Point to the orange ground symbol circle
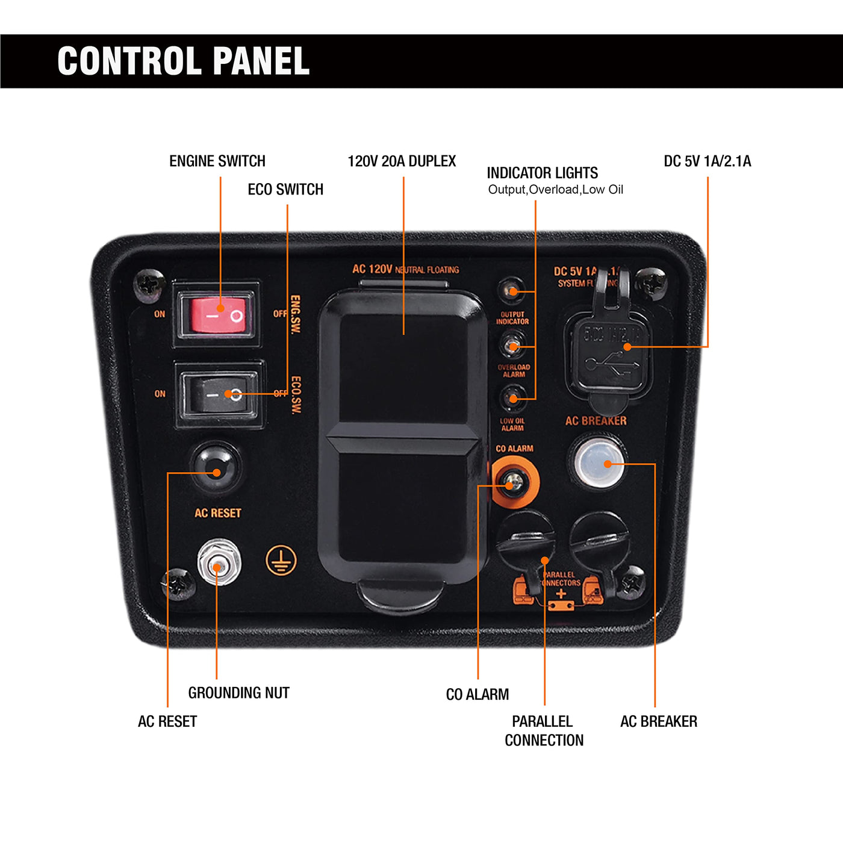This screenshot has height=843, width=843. [x=281, y=561]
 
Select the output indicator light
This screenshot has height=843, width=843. [x=512, y=291]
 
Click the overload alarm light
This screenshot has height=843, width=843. [x=512, y=346]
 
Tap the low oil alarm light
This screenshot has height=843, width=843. [x=513, y=398]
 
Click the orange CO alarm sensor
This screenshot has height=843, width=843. [x=514, y=482]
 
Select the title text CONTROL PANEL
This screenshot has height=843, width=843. [x=183, y=61]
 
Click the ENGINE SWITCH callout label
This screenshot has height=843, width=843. [x=217, y=161]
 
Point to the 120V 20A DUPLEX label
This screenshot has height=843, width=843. [x=402, y=161]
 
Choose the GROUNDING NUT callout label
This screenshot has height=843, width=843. [x=238, y=693]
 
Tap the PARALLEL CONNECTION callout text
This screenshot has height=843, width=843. [x=544, y=730]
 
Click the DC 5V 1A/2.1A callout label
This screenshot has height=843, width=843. [x=707, y=161]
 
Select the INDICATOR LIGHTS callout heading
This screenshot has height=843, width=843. [x=542, y=173]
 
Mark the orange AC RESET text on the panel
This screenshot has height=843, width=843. [x=217, y=513]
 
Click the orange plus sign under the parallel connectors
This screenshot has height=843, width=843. [x=561, y=594]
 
